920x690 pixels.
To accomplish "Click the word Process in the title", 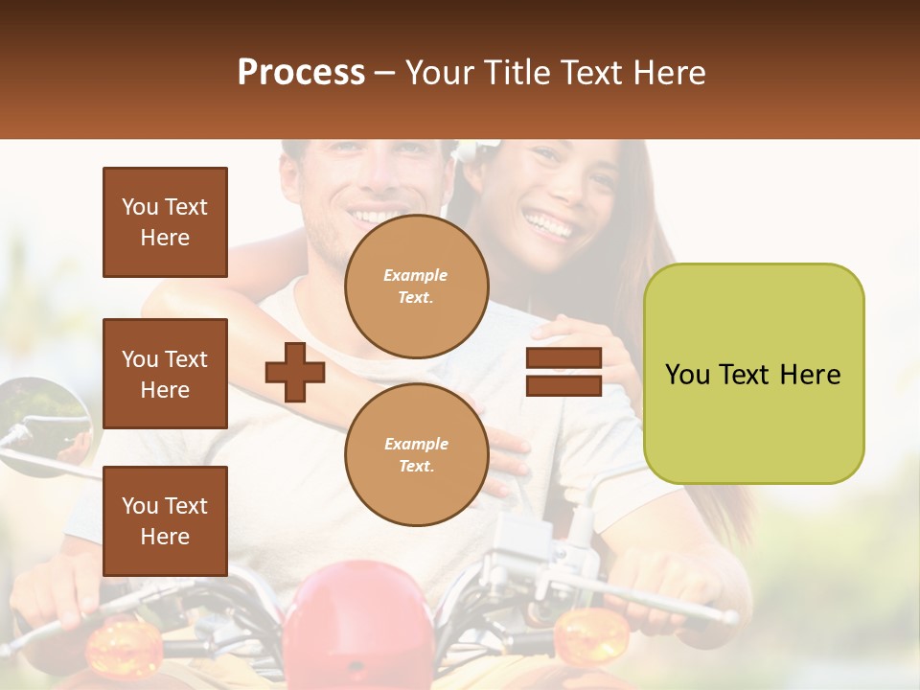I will pyautogui.click(x=301, y=73).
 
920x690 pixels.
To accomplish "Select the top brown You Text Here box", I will pyautogui.click(x=165, y=222).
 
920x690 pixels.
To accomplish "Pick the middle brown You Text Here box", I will pyautogui.click(x=165, y=374).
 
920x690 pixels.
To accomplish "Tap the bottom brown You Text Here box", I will pyautogui.click(x=165, y=520).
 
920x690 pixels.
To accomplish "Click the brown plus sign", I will pyautogui.click(x=294, y=372).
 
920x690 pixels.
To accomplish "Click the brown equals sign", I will pyautogui.click(x=563, y=372).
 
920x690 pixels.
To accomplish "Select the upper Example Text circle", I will pyautogui.click(x=416, y=287).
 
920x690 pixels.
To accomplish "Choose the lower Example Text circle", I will pyautogui.click(x=416, y=454).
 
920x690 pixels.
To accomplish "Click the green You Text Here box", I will pyautogui.click(x=753, y=374).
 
